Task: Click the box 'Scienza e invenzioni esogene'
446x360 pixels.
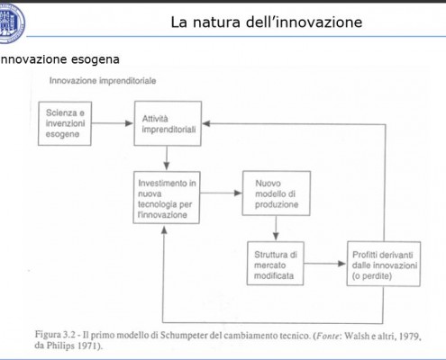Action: [65, 123]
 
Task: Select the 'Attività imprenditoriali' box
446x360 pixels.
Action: [168, 123]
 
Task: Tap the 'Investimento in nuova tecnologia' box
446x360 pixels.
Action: [167, 198]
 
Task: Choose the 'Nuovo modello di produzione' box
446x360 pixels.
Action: [277, 193]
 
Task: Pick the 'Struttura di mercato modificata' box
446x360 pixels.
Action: [276, 264]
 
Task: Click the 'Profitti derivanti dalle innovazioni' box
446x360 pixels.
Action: [384, 264]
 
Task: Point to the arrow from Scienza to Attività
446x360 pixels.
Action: [113, 123]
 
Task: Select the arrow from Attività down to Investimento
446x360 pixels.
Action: [167, 158]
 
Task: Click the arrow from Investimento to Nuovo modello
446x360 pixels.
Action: [221, 193]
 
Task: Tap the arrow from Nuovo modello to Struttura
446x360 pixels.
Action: [276, 228]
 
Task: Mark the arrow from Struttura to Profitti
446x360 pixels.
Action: [325, 264]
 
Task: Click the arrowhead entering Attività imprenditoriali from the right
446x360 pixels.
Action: [206, 123]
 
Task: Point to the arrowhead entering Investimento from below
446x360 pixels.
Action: [164, 229]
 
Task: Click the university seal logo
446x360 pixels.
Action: [11, 22]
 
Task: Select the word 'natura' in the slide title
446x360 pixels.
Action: [216, 22]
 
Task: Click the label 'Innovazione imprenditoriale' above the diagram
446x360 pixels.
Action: [103, 81]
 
